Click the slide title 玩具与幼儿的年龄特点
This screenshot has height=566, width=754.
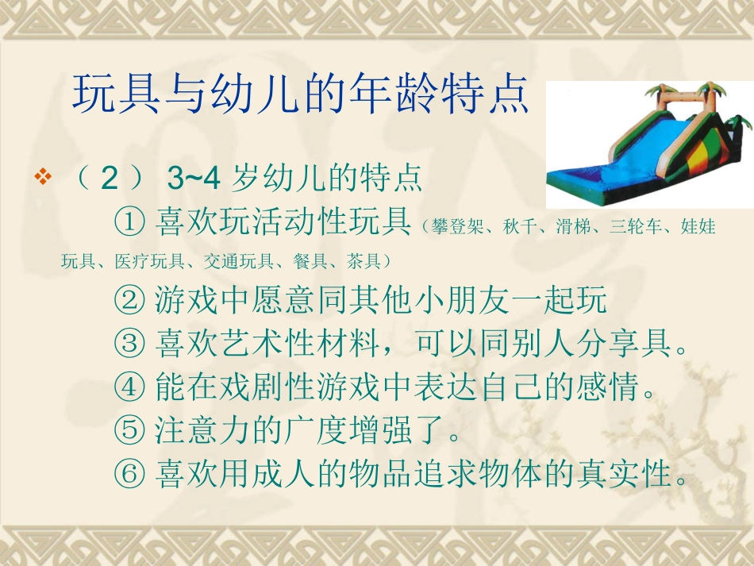(x=300, y=94)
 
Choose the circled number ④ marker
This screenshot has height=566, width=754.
(x=129, y=389)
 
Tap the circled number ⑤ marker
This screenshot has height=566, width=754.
(x=129, y=433)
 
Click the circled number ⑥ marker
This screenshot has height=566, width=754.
(x=129, y=476)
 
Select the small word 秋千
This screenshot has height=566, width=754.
(x=517, y=228)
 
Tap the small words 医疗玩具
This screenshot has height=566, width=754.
(x=149, y=261)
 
